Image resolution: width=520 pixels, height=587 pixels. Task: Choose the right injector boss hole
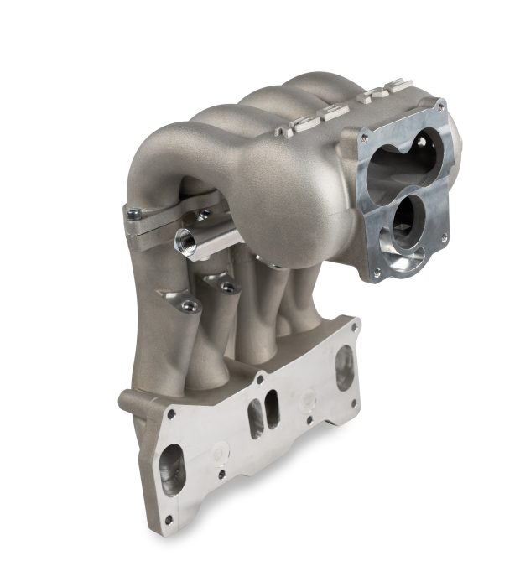pos(227,287)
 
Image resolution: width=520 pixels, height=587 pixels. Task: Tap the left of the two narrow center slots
pos(254,418)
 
